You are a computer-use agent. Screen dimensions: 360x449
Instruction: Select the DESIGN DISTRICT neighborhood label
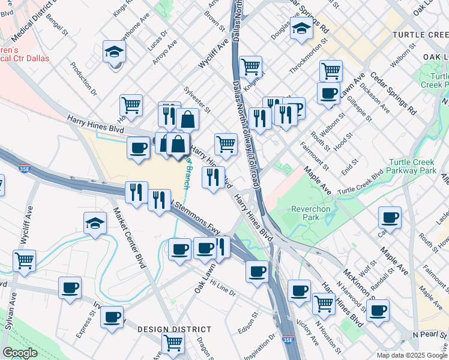point(174,329)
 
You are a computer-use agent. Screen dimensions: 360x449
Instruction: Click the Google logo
point(20,352)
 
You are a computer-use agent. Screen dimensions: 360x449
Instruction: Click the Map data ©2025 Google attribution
point(412,355)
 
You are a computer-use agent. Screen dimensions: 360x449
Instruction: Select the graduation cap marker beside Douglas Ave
point(301,28)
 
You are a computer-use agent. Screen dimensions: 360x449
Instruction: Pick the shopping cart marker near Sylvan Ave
point(25,261)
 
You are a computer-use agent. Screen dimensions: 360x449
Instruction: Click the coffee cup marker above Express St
point(70,287)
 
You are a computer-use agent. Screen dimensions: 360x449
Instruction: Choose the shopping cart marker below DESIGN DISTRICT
point(173,344)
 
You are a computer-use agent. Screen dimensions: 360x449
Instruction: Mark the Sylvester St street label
point(197,100)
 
